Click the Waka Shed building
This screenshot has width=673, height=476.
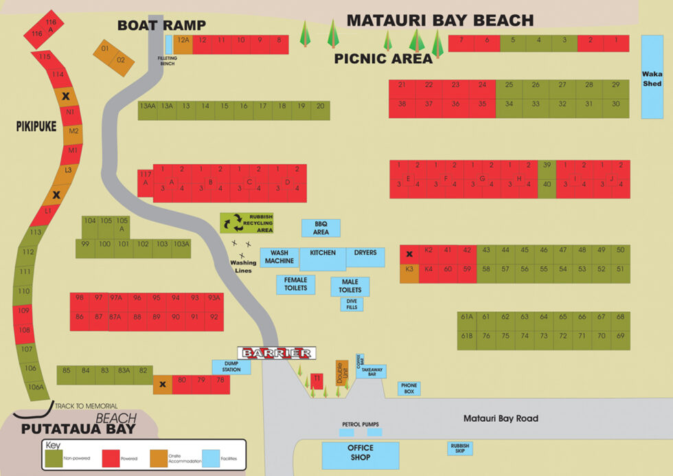click(x=651, y=77)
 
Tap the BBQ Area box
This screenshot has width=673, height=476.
click(x=321, y=228)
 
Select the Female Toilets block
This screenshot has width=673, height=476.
click(x=296, y=284)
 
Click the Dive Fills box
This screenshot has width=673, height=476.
click(x=352, y=304)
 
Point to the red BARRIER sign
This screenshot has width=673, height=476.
click(x=277, y=353)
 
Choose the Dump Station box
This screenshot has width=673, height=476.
click(x=231, y=367)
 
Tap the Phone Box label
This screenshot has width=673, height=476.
click(x=409, y=388)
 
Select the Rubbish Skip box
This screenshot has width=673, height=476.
click(x=459, y=449)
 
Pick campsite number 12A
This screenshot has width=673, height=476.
click(x=183, y=44)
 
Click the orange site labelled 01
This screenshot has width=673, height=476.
click(x=105, y=49)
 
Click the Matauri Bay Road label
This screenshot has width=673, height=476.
click(x=500, y=418)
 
